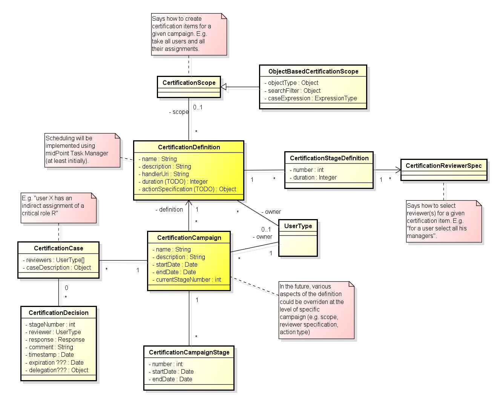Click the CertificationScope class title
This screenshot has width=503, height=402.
pyautogui.click(x=189, y=83)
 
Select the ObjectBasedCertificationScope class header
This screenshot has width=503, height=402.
pyautogui.click(x=313, y=71)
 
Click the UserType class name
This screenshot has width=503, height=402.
pyautogui.click(x=298, y=226)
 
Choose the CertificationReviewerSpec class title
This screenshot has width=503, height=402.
pyautogui.click(x=443, y=166)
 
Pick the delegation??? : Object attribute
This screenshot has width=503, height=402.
pyautogui.click(x=58, y=370)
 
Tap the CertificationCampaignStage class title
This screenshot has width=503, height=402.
pyautogui.click(x=189, y=352)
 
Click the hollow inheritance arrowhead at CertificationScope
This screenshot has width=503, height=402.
pyautogui.click(x=224, y=87)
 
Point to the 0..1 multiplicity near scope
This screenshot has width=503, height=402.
pyautogui.click(x=198, y=107)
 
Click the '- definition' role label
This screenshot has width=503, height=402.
pyautogui.click(x=169, y=209)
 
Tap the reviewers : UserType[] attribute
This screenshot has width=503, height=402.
pyautogui.click(x=55, y=260)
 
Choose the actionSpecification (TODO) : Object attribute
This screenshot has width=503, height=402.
pyautogui.click(x=189, y=189)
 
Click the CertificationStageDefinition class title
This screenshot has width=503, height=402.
pyautogui.click(x=329, y=158)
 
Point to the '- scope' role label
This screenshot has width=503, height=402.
pyautogui.click(x=179, y=112)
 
